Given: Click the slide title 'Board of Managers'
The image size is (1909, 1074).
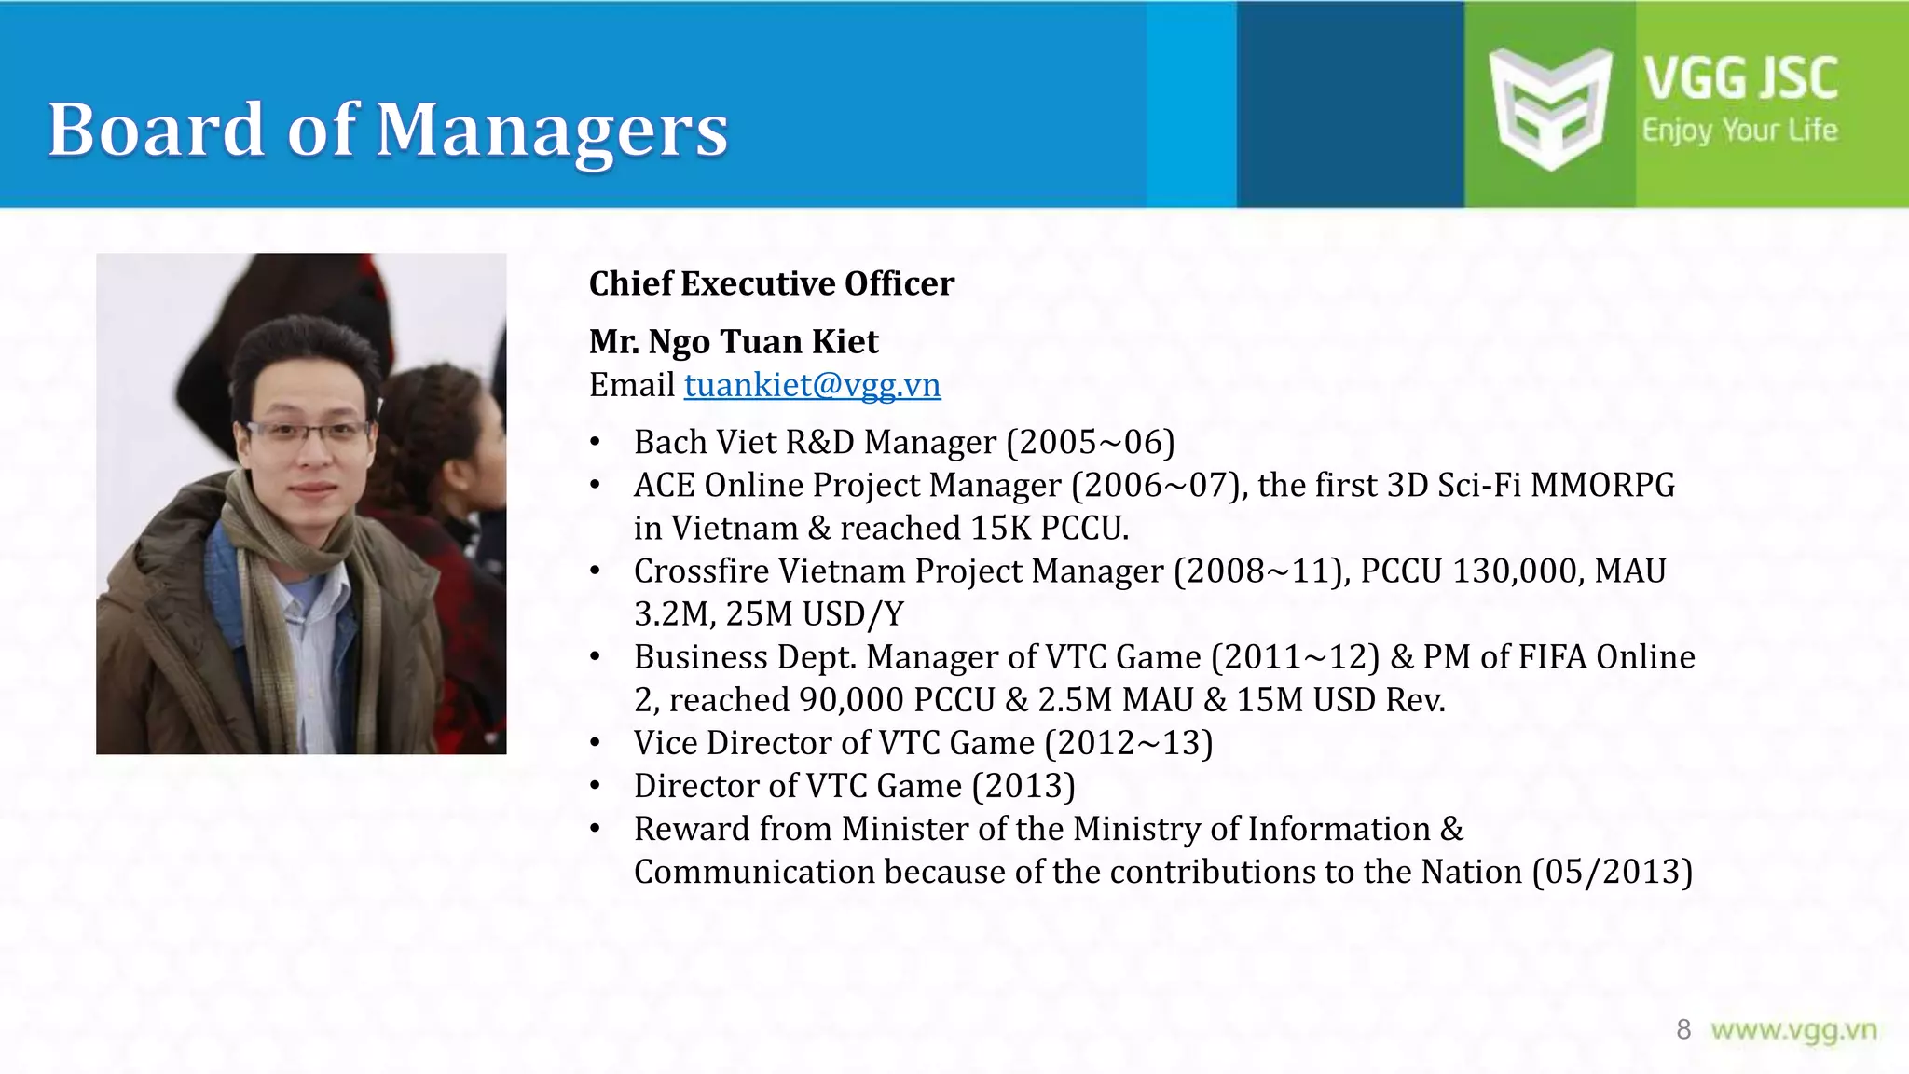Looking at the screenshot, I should tap(388, 130).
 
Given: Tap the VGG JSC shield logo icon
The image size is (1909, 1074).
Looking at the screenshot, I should tap(1549, 108).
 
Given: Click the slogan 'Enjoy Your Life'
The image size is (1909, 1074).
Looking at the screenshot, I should tap(1739, 131).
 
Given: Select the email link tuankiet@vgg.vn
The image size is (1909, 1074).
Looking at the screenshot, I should tap(812, 385).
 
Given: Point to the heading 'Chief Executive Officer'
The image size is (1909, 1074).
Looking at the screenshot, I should tap(772, 283).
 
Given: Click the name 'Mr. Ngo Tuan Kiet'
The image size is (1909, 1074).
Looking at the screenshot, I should tap(734, 342).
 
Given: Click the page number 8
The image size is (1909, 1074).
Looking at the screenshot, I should tap(1682, 1029).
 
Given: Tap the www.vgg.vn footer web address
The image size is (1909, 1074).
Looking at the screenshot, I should tap(1793, 1030).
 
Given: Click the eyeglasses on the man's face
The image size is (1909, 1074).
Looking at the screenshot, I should tap(308, 432).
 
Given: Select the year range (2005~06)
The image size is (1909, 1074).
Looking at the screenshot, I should tap(1090, 442).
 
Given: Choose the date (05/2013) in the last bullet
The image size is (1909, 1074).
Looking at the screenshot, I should tap(1612, 873).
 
